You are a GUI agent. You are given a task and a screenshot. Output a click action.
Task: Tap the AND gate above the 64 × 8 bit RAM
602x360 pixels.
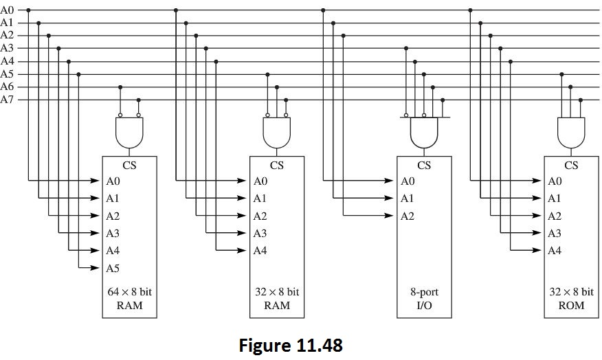pyautogui.click(x=129, y=132)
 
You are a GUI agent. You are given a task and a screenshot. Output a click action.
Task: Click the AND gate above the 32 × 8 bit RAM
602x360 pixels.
pyautogui.click(x=277, y=132)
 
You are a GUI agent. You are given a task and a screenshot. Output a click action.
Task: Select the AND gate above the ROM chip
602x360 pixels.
pyautogui.click(x=571, y=132)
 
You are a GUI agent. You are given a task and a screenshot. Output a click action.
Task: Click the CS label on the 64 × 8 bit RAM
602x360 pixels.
pyautogui.click(x=129, y=165)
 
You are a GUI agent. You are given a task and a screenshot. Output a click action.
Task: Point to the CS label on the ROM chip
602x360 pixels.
pyautogui.click(x=571, y=165)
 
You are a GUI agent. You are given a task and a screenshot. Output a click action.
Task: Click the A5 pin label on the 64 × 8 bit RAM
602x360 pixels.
pyautogui.click(x=113, y=268)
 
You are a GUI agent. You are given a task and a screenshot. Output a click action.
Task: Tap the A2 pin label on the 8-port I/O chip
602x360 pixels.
pyautogui.click(x=408, y=216)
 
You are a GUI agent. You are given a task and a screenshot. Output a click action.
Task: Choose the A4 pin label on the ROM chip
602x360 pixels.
pyautogui.click(x=555, y=251)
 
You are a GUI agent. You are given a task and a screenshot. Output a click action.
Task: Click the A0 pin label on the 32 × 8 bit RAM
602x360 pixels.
pyautogui.click(x=260, y=181)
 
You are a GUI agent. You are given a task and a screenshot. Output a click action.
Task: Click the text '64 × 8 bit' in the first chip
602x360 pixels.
pyautogui.click(x=129, y=292)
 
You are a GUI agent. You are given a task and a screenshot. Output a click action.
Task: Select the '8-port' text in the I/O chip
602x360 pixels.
pyautogui.click(x=424, y=292)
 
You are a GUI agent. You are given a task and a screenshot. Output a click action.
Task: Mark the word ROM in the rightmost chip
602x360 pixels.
pyautogui.click(x=571, y=305)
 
